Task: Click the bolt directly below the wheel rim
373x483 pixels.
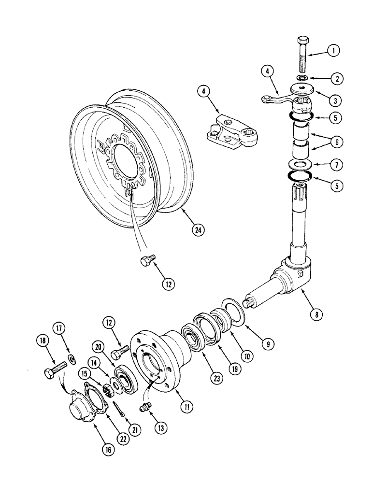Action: [x=146, y=261]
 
